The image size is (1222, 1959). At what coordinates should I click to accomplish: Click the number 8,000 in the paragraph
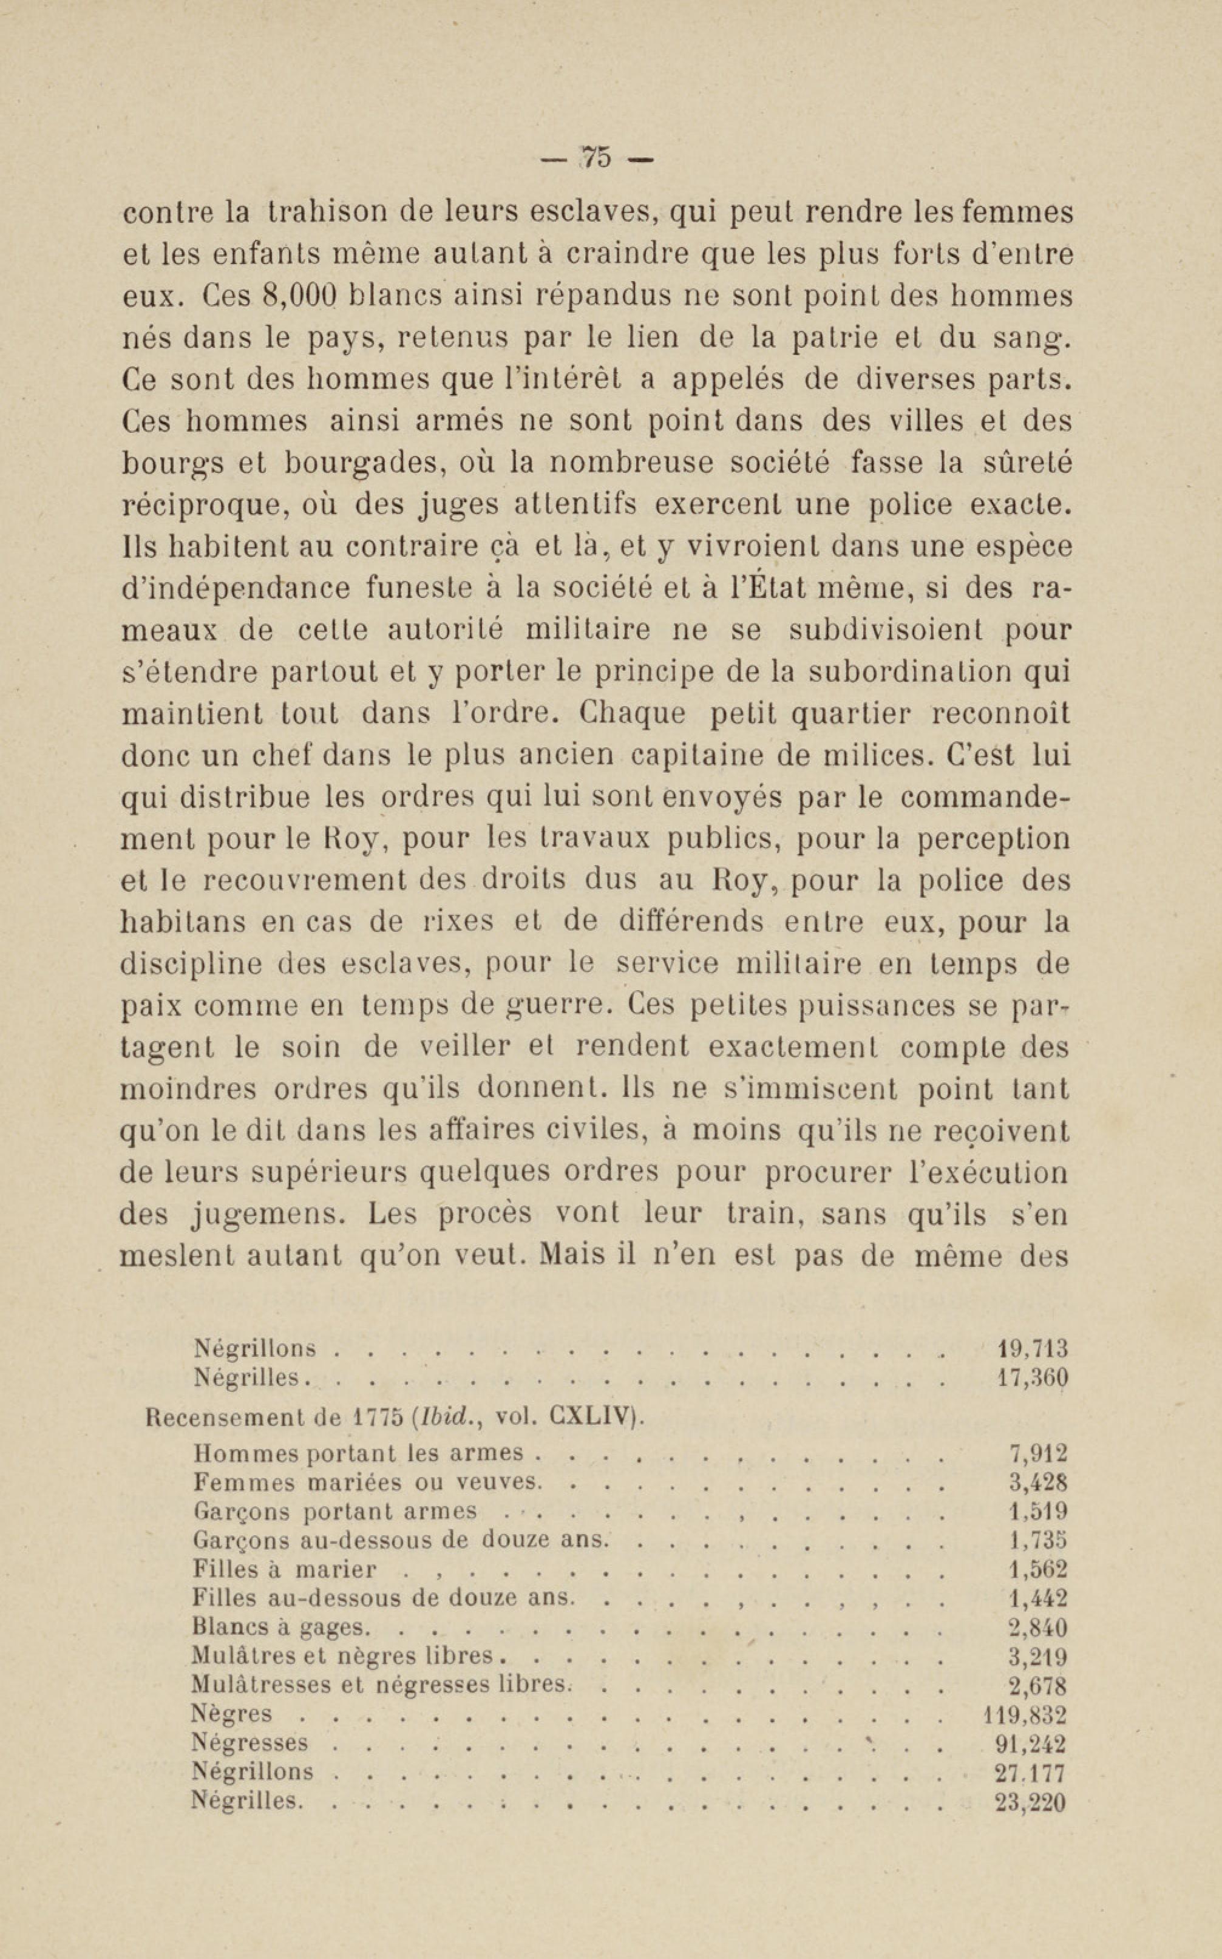click(299, 297)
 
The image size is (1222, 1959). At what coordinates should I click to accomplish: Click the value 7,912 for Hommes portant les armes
click(1039, 1454)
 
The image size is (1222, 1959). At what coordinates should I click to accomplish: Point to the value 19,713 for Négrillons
click(1033, 1348)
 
